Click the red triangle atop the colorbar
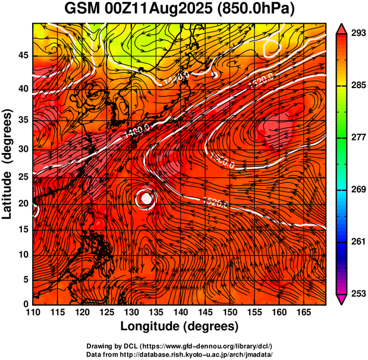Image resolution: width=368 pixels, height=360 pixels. (x=342, y=28)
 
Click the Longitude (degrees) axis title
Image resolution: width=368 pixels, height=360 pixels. (x=180, y=327)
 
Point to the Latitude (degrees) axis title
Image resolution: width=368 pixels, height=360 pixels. (x=8, y=164)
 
